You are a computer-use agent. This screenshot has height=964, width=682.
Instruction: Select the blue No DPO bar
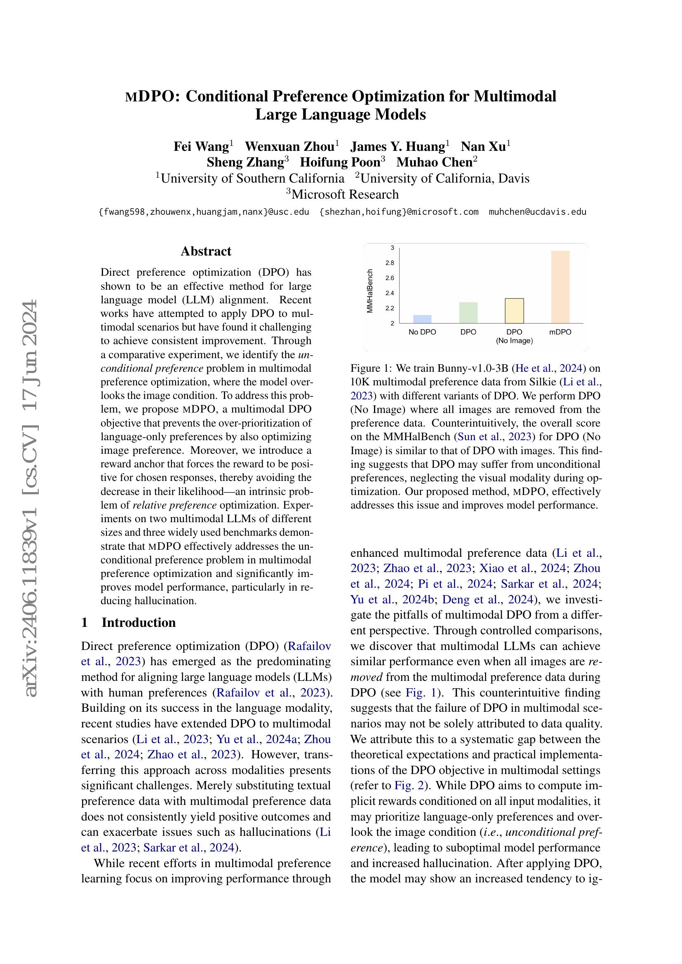pyautogui.click(x=422, y=319)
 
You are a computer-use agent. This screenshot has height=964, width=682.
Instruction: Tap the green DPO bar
pyautogui.click(x=468, y=312)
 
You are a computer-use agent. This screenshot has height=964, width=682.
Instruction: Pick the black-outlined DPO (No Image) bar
pyautogui.click(x=514, y=311)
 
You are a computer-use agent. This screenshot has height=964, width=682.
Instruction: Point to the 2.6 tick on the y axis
pyautogui.click(x=389, y=278)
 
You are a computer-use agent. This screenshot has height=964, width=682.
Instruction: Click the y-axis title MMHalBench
pyautogui.click(x=370, y=291)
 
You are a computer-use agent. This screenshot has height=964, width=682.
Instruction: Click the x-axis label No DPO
pyautogui.click(x=422, y=332)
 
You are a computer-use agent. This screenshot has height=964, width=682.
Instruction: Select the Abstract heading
pyautogui.click(x=206, y=251)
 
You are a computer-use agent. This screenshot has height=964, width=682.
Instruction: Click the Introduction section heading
pyautogui.click(x=139, y=622)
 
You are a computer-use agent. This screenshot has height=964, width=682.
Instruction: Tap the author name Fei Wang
pyautogui.click(x=201, y=147)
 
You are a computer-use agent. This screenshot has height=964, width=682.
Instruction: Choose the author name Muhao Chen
pyautogui.click(x=434, y=162)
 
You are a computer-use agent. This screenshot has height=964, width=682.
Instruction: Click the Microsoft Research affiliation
pyautogui.click(x=345, y=195)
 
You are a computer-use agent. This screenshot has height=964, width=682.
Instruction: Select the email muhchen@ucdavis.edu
pyautogui.click(x=537, y=212)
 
